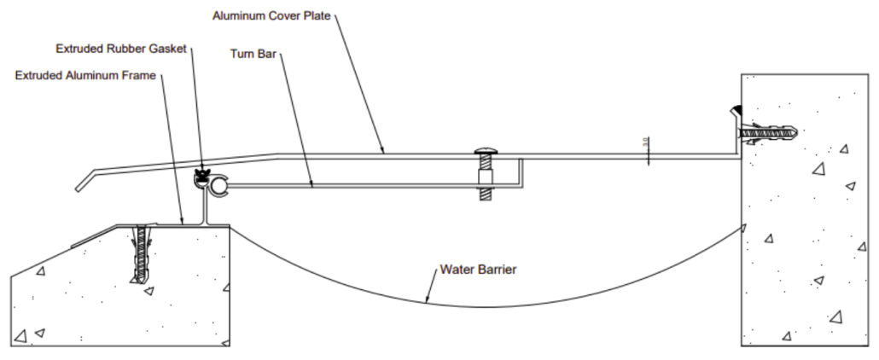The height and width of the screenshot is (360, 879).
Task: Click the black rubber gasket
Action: (203, 177)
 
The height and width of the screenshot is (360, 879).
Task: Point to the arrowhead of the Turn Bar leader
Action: (311, 184)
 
